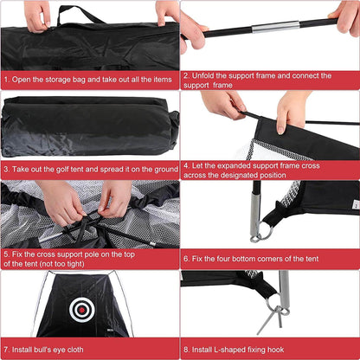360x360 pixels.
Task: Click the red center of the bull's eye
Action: (82, 310)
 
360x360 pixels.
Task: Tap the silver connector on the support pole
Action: (276, 27)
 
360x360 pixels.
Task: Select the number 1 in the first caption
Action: (6, 80)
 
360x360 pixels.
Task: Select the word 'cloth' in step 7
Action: (75, 350)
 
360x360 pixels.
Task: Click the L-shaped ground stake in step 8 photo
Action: (271, 318)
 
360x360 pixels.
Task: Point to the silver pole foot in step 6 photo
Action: (256, 213)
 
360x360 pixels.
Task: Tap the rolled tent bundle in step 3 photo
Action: (89, 126)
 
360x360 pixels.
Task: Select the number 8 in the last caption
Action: (186, 350)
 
